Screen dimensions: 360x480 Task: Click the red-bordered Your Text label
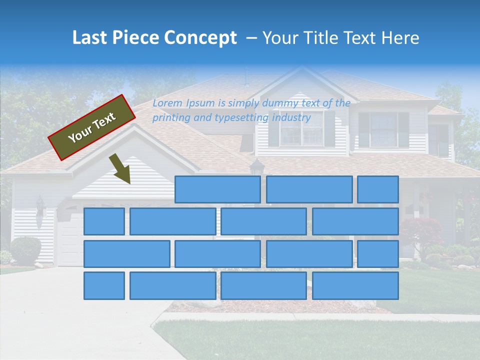(x=92, y=127)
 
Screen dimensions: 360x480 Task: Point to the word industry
(x=291, y=118)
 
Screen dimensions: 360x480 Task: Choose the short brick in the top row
(x=377, y=189)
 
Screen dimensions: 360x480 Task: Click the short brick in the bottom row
(x=104, y=285)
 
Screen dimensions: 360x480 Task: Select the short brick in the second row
(x=104, y=221)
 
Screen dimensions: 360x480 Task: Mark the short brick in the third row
(x=377, y=253)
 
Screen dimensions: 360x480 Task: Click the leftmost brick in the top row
(x=217, y=189)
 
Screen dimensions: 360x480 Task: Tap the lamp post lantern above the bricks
(x=256, y=166)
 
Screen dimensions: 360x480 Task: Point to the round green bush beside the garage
(x=25, y=250)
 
